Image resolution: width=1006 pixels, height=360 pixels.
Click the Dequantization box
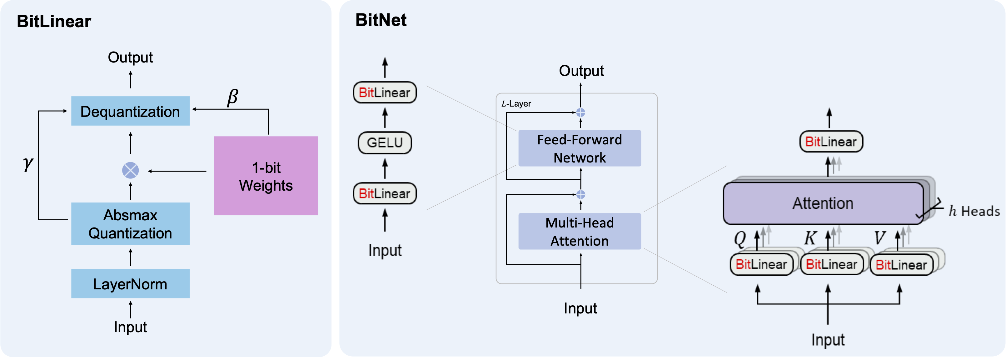click(130, 111)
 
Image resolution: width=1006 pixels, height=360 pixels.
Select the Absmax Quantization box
click(130, 224)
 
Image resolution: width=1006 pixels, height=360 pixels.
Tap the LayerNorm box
click(130, 284)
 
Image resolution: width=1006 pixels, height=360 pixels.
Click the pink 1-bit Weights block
click(266, 176)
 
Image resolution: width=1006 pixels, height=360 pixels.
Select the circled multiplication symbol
click(131, 170)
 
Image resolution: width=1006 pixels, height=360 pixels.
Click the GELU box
click(385, 142)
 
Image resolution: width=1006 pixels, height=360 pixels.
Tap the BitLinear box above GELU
click(385, 92)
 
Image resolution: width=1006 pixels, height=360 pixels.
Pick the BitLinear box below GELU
click(385, 193)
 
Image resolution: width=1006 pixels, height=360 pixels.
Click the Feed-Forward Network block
click(580, 148)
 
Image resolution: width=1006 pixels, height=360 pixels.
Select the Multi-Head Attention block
click(580, 232)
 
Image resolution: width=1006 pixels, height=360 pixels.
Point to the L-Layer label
click(516, 104)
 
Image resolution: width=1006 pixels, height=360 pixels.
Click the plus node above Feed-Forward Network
click(581, 112)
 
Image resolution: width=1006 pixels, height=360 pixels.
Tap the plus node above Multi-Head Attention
click(581, 194)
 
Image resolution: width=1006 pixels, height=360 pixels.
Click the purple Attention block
click(823, 203)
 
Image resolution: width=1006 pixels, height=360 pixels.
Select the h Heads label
click(974, 211)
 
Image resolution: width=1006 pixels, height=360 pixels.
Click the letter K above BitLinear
click(810, 238)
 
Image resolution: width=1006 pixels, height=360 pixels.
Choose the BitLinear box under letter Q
click(761, 264)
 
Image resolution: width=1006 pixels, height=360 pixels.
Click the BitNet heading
click(381, 20)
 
